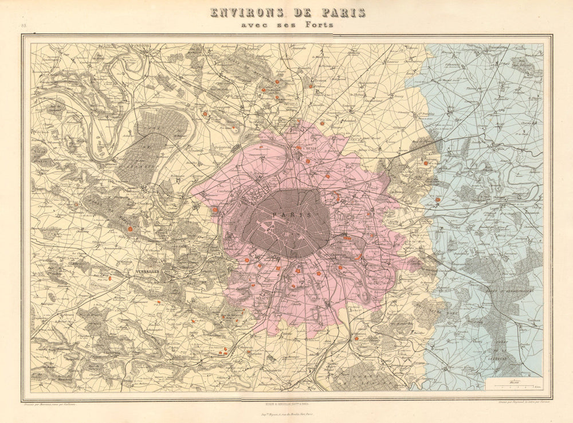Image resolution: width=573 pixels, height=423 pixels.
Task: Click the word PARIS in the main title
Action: [x=337, y=13]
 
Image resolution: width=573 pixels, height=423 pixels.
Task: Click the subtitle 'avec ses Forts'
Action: [x=288, y=25]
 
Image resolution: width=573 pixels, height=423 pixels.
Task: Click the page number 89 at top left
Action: [x=24, y=26]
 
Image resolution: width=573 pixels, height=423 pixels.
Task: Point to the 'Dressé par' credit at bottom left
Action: [x=50, y=404]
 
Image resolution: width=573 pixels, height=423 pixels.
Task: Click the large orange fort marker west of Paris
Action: [x=215, y=210]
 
